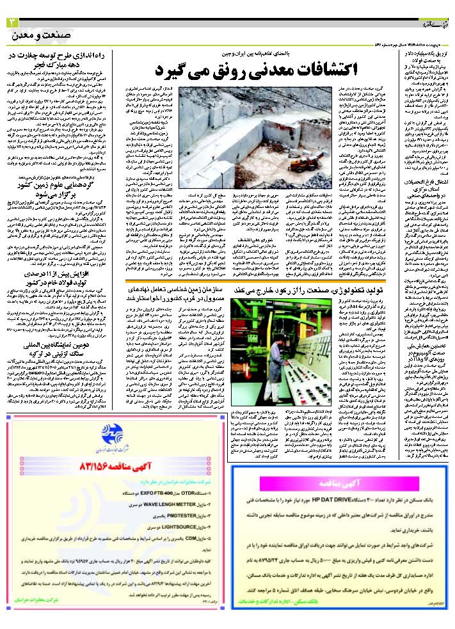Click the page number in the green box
pyautogui.click(x=11, y=23)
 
